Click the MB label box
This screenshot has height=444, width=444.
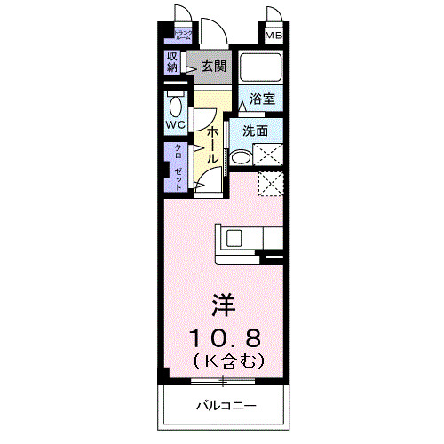coord(272,36)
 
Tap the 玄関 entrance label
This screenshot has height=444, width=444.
coord(212,65)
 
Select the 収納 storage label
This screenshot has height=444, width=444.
coord(172,62)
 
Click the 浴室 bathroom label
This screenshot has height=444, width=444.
coord(261,98)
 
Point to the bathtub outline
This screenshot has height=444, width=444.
coord(261,67)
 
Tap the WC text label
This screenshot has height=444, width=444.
coord(175,125)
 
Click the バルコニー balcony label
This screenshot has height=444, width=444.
coord(226,406)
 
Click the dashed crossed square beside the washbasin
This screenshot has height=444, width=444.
coord(267,155)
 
